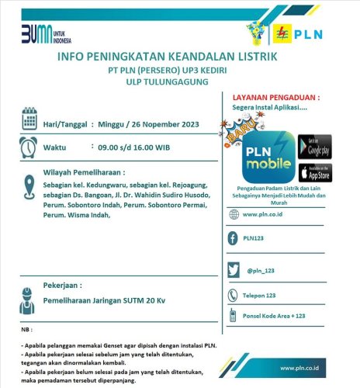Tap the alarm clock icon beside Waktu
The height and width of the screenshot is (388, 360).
pos(30,146)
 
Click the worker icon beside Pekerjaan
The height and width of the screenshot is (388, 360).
pos(27,296)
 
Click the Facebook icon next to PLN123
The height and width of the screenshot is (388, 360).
pos(232,239)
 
